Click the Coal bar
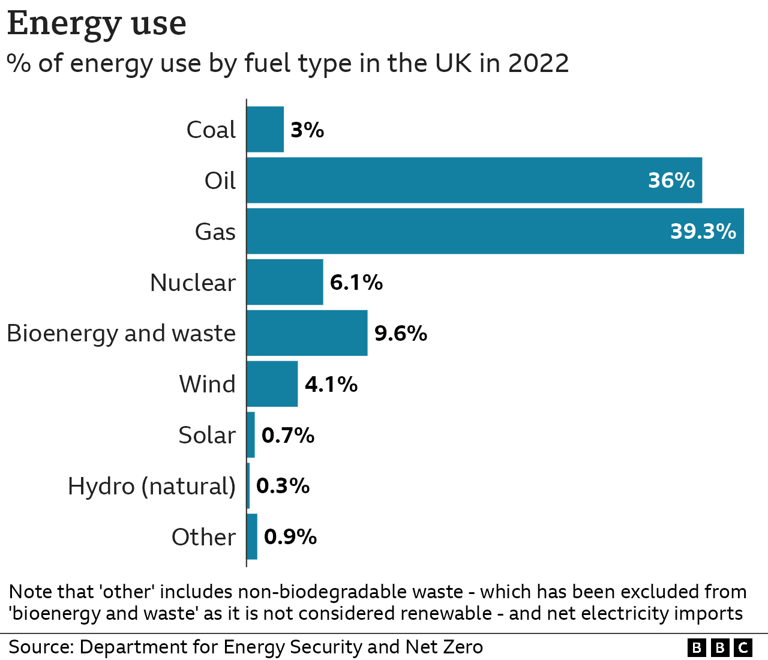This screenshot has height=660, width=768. tap(265, 130)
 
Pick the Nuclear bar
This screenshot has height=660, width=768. tap(285, 282)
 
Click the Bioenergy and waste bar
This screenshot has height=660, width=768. tap(307, 333)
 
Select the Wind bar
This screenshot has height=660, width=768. tap(272, 384)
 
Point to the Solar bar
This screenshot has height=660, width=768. tap(251, 435)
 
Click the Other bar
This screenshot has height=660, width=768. tap(252, 536)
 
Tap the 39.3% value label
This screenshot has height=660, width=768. tap(703, 232)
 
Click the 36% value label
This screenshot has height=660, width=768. tap(671, 181)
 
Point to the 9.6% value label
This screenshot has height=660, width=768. tap(400, 333)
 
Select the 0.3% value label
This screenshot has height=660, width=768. tap(283, 486)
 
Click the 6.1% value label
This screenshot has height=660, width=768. tap(356, 282)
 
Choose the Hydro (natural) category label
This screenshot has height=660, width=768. tap(152, 486)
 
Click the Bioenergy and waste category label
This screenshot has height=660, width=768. tap(121, 333)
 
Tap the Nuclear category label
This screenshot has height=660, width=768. tap(193, 283)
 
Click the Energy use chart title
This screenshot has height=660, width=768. tap(97, 24)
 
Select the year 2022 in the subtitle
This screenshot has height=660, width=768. tap(538, 63)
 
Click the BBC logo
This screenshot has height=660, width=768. tap(719, 647)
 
